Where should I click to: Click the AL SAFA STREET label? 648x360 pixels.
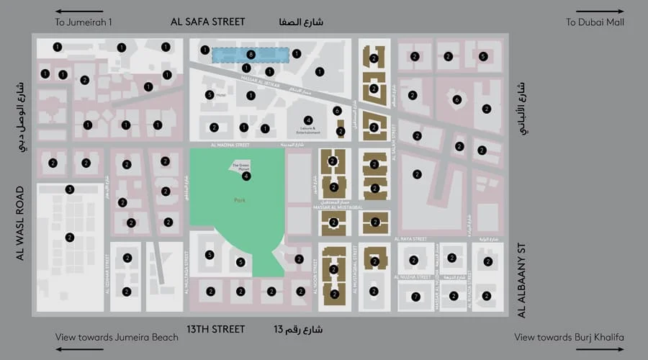pos(207,22)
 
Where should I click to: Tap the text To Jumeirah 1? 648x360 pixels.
pos(84,22)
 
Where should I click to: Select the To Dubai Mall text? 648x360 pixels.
pos(595,22)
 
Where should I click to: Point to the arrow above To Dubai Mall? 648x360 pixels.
pos(609,12)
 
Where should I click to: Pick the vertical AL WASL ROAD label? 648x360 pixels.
pos(20,223)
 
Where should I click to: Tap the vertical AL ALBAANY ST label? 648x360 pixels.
pos(523,281)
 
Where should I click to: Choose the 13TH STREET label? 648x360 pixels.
pos(216,329)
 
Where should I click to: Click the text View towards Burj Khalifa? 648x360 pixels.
pos(570,337)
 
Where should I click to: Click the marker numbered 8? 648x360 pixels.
pos(251,54)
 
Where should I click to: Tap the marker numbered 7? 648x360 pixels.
pos(415,297)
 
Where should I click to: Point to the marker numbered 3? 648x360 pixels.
pos(70,189)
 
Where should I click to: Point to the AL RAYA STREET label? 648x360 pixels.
pos(410,238)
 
